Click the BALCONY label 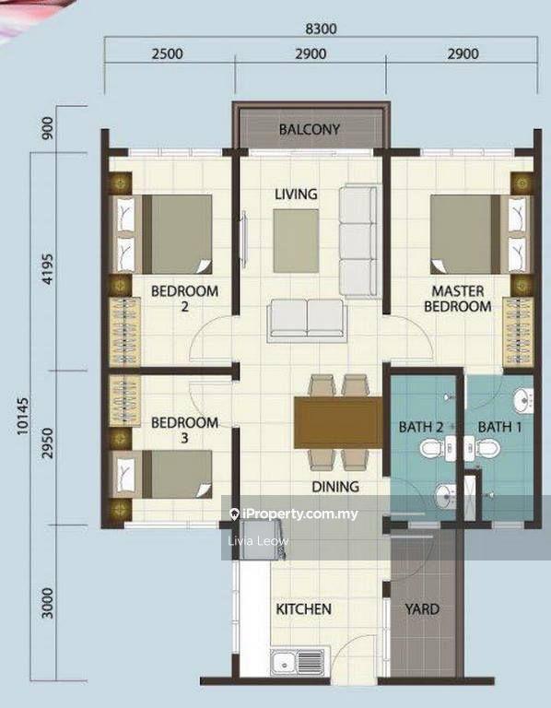310,129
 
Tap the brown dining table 337,422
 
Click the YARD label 423,609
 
